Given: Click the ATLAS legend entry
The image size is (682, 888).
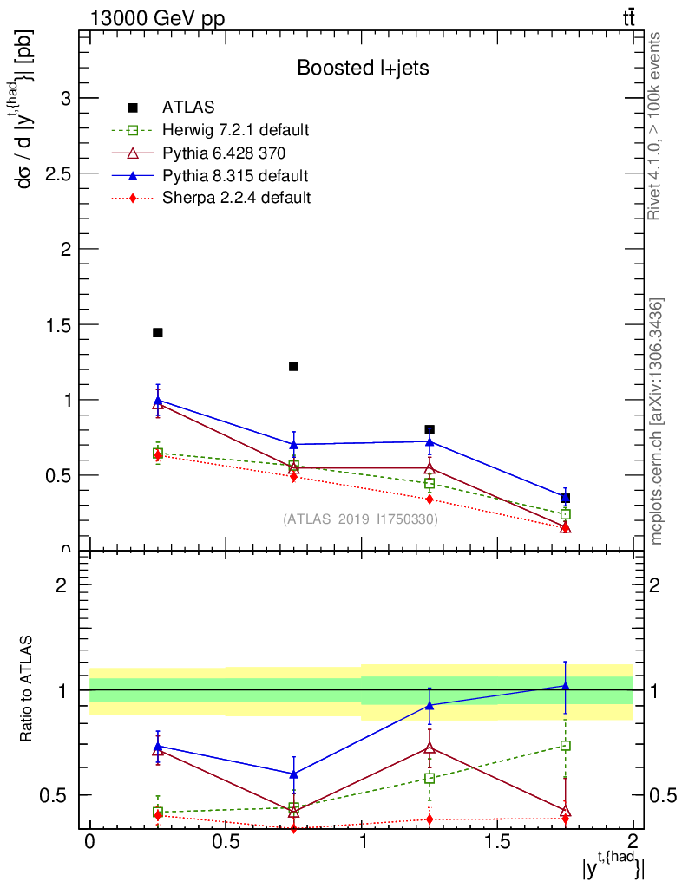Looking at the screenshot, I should click(187, 108).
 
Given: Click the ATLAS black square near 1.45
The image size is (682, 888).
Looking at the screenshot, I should click(158, 333).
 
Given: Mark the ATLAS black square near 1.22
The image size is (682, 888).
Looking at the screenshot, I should click(293, 366).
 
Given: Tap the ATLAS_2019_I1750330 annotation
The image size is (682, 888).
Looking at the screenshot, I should click(360, 519).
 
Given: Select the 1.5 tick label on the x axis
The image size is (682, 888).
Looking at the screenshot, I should click(497, 842).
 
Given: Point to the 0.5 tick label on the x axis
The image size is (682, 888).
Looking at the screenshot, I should click(226, 842).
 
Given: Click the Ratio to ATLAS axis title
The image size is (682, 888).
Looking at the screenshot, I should click(26, 689).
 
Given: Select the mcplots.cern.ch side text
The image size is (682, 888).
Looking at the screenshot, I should click(657, 421).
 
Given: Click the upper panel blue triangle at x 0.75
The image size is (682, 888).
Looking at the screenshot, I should click(293, 444).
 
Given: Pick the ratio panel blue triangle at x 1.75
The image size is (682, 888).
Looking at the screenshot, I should click(565, 686).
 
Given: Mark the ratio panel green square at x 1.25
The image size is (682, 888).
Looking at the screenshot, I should click(430, 778).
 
